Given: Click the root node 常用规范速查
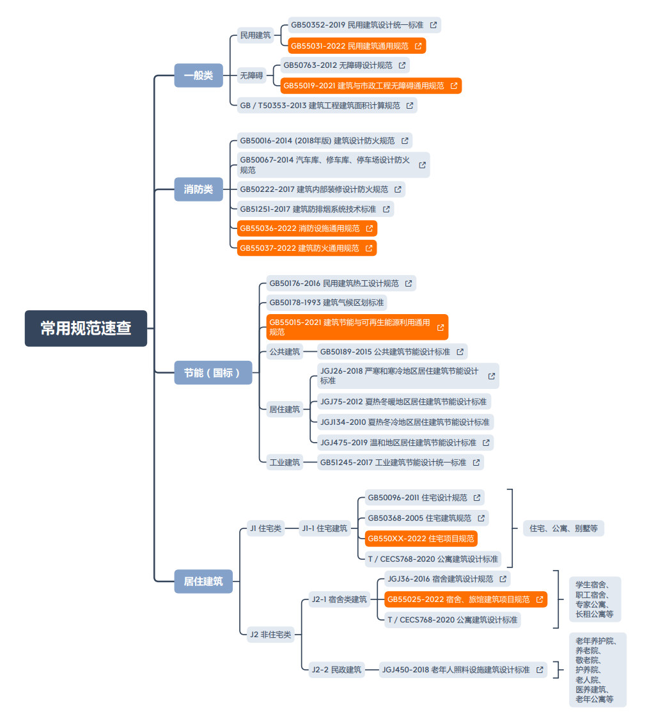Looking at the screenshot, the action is pos(86,328).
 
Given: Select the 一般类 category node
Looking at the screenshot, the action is pos(199,75).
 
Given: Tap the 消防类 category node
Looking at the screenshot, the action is pos(199,189).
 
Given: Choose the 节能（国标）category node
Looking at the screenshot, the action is pos(213,373).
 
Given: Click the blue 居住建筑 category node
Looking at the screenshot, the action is pos(203,582).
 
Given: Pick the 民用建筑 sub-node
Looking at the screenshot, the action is pos(255,35).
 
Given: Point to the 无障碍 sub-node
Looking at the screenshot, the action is pos(251,75).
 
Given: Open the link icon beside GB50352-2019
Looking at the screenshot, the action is pos(433,25).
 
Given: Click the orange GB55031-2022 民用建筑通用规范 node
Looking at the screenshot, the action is pos(357,46).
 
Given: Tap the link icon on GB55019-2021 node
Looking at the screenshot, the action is pos(454,86).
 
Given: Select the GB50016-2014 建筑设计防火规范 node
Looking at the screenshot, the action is pos(325,141).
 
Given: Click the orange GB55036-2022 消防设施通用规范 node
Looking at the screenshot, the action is pos(307,228).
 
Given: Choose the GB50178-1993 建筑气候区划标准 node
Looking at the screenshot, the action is pos(327,303).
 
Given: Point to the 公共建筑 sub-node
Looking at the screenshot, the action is pos(285,352).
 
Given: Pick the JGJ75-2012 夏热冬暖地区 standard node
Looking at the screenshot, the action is pos(403,402).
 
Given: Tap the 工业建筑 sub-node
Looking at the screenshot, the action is pos(285,463).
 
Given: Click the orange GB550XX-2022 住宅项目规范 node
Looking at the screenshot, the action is pos(421,539).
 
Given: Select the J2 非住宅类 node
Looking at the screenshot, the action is pos(270,635).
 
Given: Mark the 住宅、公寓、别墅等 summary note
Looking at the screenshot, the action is pos(564,528).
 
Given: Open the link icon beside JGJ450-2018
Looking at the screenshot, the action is pos(540,670).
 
